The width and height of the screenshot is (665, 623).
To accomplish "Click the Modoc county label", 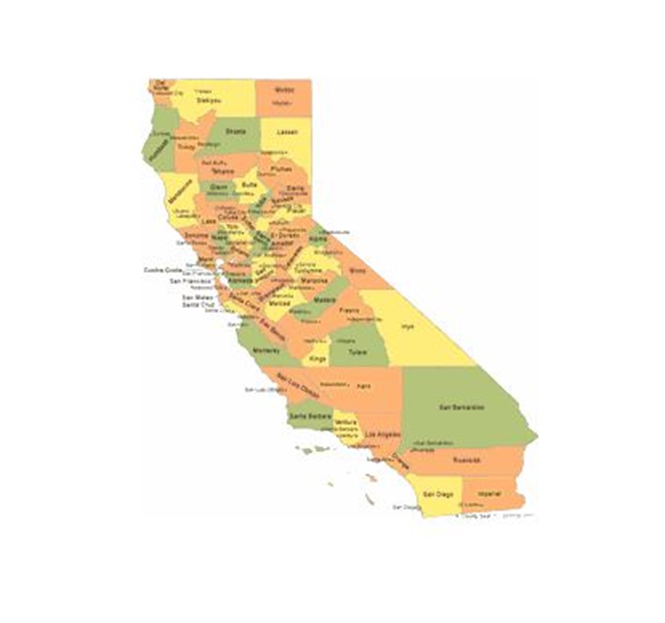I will coord(285,90).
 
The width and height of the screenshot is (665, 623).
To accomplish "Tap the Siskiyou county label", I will coord(208,101).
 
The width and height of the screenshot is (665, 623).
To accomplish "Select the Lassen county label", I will coord(287,132).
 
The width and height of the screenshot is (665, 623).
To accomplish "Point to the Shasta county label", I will coord(235,132).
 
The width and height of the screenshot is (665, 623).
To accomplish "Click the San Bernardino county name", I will coord(462,408).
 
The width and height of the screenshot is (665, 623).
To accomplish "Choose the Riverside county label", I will coord(467,460).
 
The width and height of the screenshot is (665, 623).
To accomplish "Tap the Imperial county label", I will coord(489,493).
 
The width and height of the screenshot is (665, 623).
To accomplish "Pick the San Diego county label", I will coord(438,494).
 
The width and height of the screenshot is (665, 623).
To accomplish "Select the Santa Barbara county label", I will coord(310,416).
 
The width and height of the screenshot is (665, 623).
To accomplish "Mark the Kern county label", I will coord(364,386).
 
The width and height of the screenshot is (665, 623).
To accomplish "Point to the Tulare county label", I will coord(357,352).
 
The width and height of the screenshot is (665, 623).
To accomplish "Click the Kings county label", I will coord(318,359).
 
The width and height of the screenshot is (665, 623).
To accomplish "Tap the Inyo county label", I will coord(408,327).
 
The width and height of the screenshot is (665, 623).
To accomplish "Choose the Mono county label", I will coord(357,271).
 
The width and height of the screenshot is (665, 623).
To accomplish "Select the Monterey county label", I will coord(267,351).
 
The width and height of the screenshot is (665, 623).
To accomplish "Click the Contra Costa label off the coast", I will coord(162,270).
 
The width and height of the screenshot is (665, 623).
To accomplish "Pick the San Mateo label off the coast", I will coord(198,297).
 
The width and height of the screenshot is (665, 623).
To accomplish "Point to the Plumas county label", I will coord(282,169).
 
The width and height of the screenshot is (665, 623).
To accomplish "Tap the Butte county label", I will coord(249,184).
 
